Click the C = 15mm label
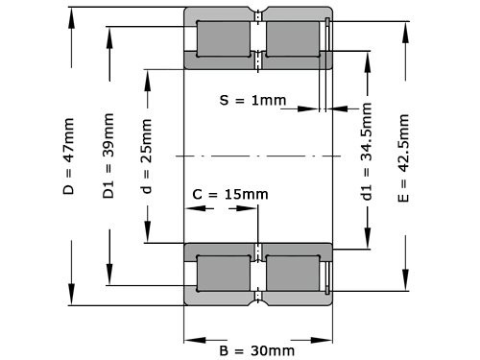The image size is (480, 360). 230,195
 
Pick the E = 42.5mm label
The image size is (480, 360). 404,157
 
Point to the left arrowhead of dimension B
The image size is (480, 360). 190,338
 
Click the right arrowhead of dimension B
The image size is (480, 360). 326,338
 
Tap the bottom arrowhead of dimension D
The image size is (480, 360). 69,300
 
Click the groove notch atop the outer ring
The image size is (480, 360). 258,13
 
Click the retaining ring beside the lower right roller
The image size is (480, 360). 327,275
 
